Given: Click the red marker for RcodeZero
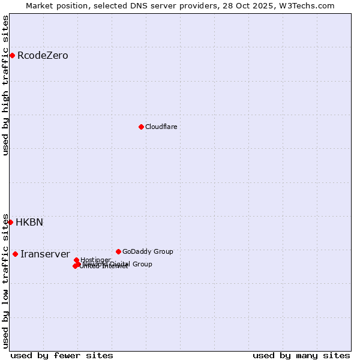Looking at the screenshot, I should point(12,56).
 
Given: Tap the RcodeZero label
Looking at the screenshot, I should point(43,56).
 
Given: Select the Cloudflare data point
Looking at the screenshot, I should point(141,127).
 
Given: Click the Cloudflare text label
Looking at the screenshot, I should point(161,127).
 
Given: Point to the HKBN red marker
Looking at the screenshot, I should point(10,222).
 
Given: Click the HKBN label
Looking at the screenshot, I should point(29,222).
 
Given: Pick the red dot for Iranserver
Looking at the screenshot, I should point(15,254).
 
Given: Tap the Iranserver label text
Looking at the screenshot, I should point(45,254).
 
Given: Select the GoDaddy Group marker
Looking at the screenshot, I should point(118,251).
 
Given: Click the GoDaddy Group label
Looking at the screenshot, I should point(148,251).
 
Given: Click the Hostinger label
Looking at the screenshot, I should point(95,260).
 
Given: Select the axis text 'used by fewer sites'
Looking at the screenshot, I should point(62,355).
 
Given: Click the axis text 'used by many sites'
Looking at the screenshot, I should point(301,355).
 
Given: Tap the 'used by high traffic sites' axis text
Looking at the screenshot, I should point(6,85).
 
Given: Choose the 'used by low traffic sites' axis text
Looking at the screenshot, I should point(6,281).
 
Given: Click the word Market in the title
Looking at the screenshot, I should point(40,5).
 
